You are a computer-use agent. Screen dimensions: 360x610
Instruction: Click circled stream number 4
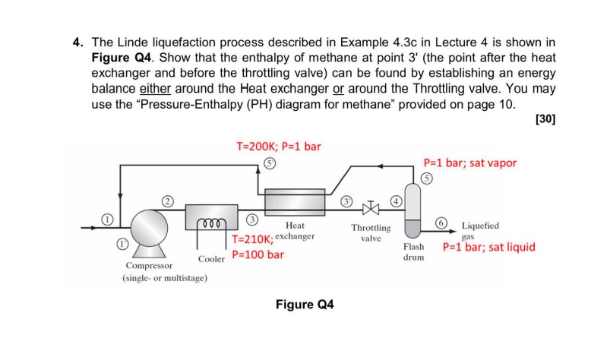point(395,201)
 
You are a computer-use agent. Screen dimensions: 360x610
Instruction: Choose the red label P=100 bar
point(258,254)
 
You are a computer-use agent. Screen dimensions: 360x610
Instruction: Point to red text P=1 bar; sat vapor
point(469,163)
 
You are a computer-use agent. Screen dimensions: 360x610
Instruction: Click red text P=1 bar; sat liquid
point(488,247)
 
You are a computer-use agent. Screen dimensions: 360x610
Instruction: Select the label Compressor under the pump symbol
point(148,266)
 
